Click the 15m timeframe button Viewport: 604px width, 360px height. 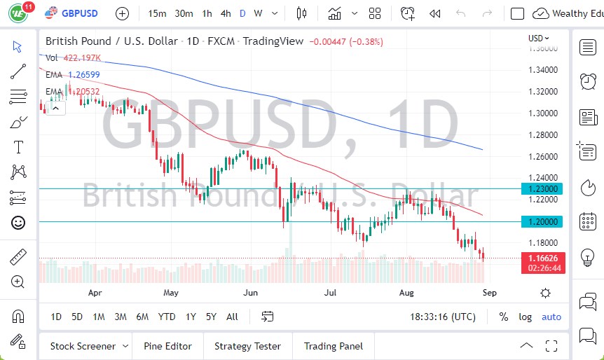point(158,13)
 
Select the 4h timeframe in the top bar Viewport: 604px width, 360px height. point(225,13)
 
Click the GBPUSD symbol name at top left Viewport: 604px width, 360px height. point(80,13)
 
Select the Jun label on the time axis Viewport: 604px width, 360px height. point(250,293)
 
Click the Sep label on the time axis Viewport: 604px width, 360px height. point(489,293)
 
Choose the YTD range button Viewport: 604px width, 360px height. point(166,317)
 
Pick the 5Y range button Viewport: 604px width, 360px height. point(211,317)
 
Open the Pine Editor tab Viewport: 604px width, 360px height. point(167,346)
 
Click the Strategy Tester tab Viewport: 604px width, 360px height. point(247,346)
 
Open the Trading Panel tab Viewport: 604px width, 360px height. point(333,346)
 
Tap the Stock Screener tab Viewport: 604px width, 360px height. point(83,346)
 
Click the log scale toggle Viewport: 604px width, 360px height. point(525,317)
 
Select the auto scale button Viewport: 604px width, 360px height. point(551,317)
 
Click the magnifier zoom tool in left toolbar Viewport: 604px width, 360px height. point(18,282)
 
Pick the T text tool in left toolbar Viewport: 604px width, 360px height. point(18,147)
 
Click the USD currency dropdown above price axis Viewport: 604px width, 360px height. point(538,39)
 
